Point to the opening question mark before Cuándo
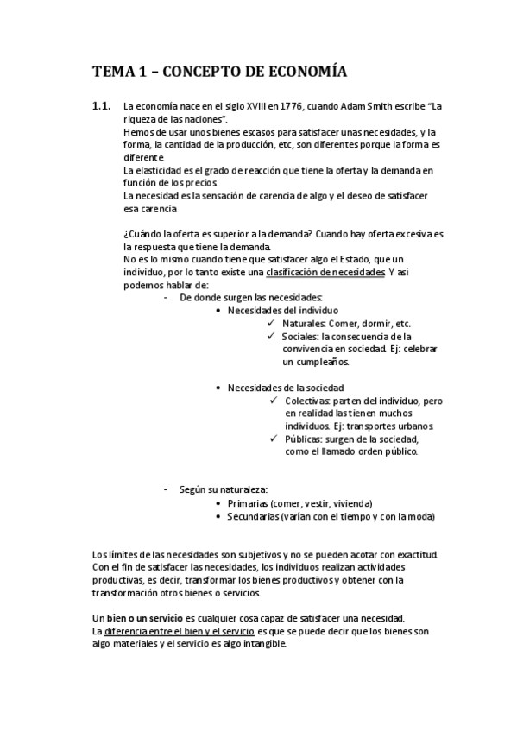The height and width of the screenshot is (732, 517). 126,234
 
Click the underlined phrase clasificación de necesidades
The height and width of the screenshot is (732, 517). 325,272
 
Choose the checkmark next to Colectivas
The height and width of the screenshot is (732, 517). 274,401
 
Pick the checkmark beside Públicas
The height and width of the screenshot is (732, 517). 274,439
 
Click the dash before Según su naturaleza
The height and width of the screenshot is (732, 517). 165,489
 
